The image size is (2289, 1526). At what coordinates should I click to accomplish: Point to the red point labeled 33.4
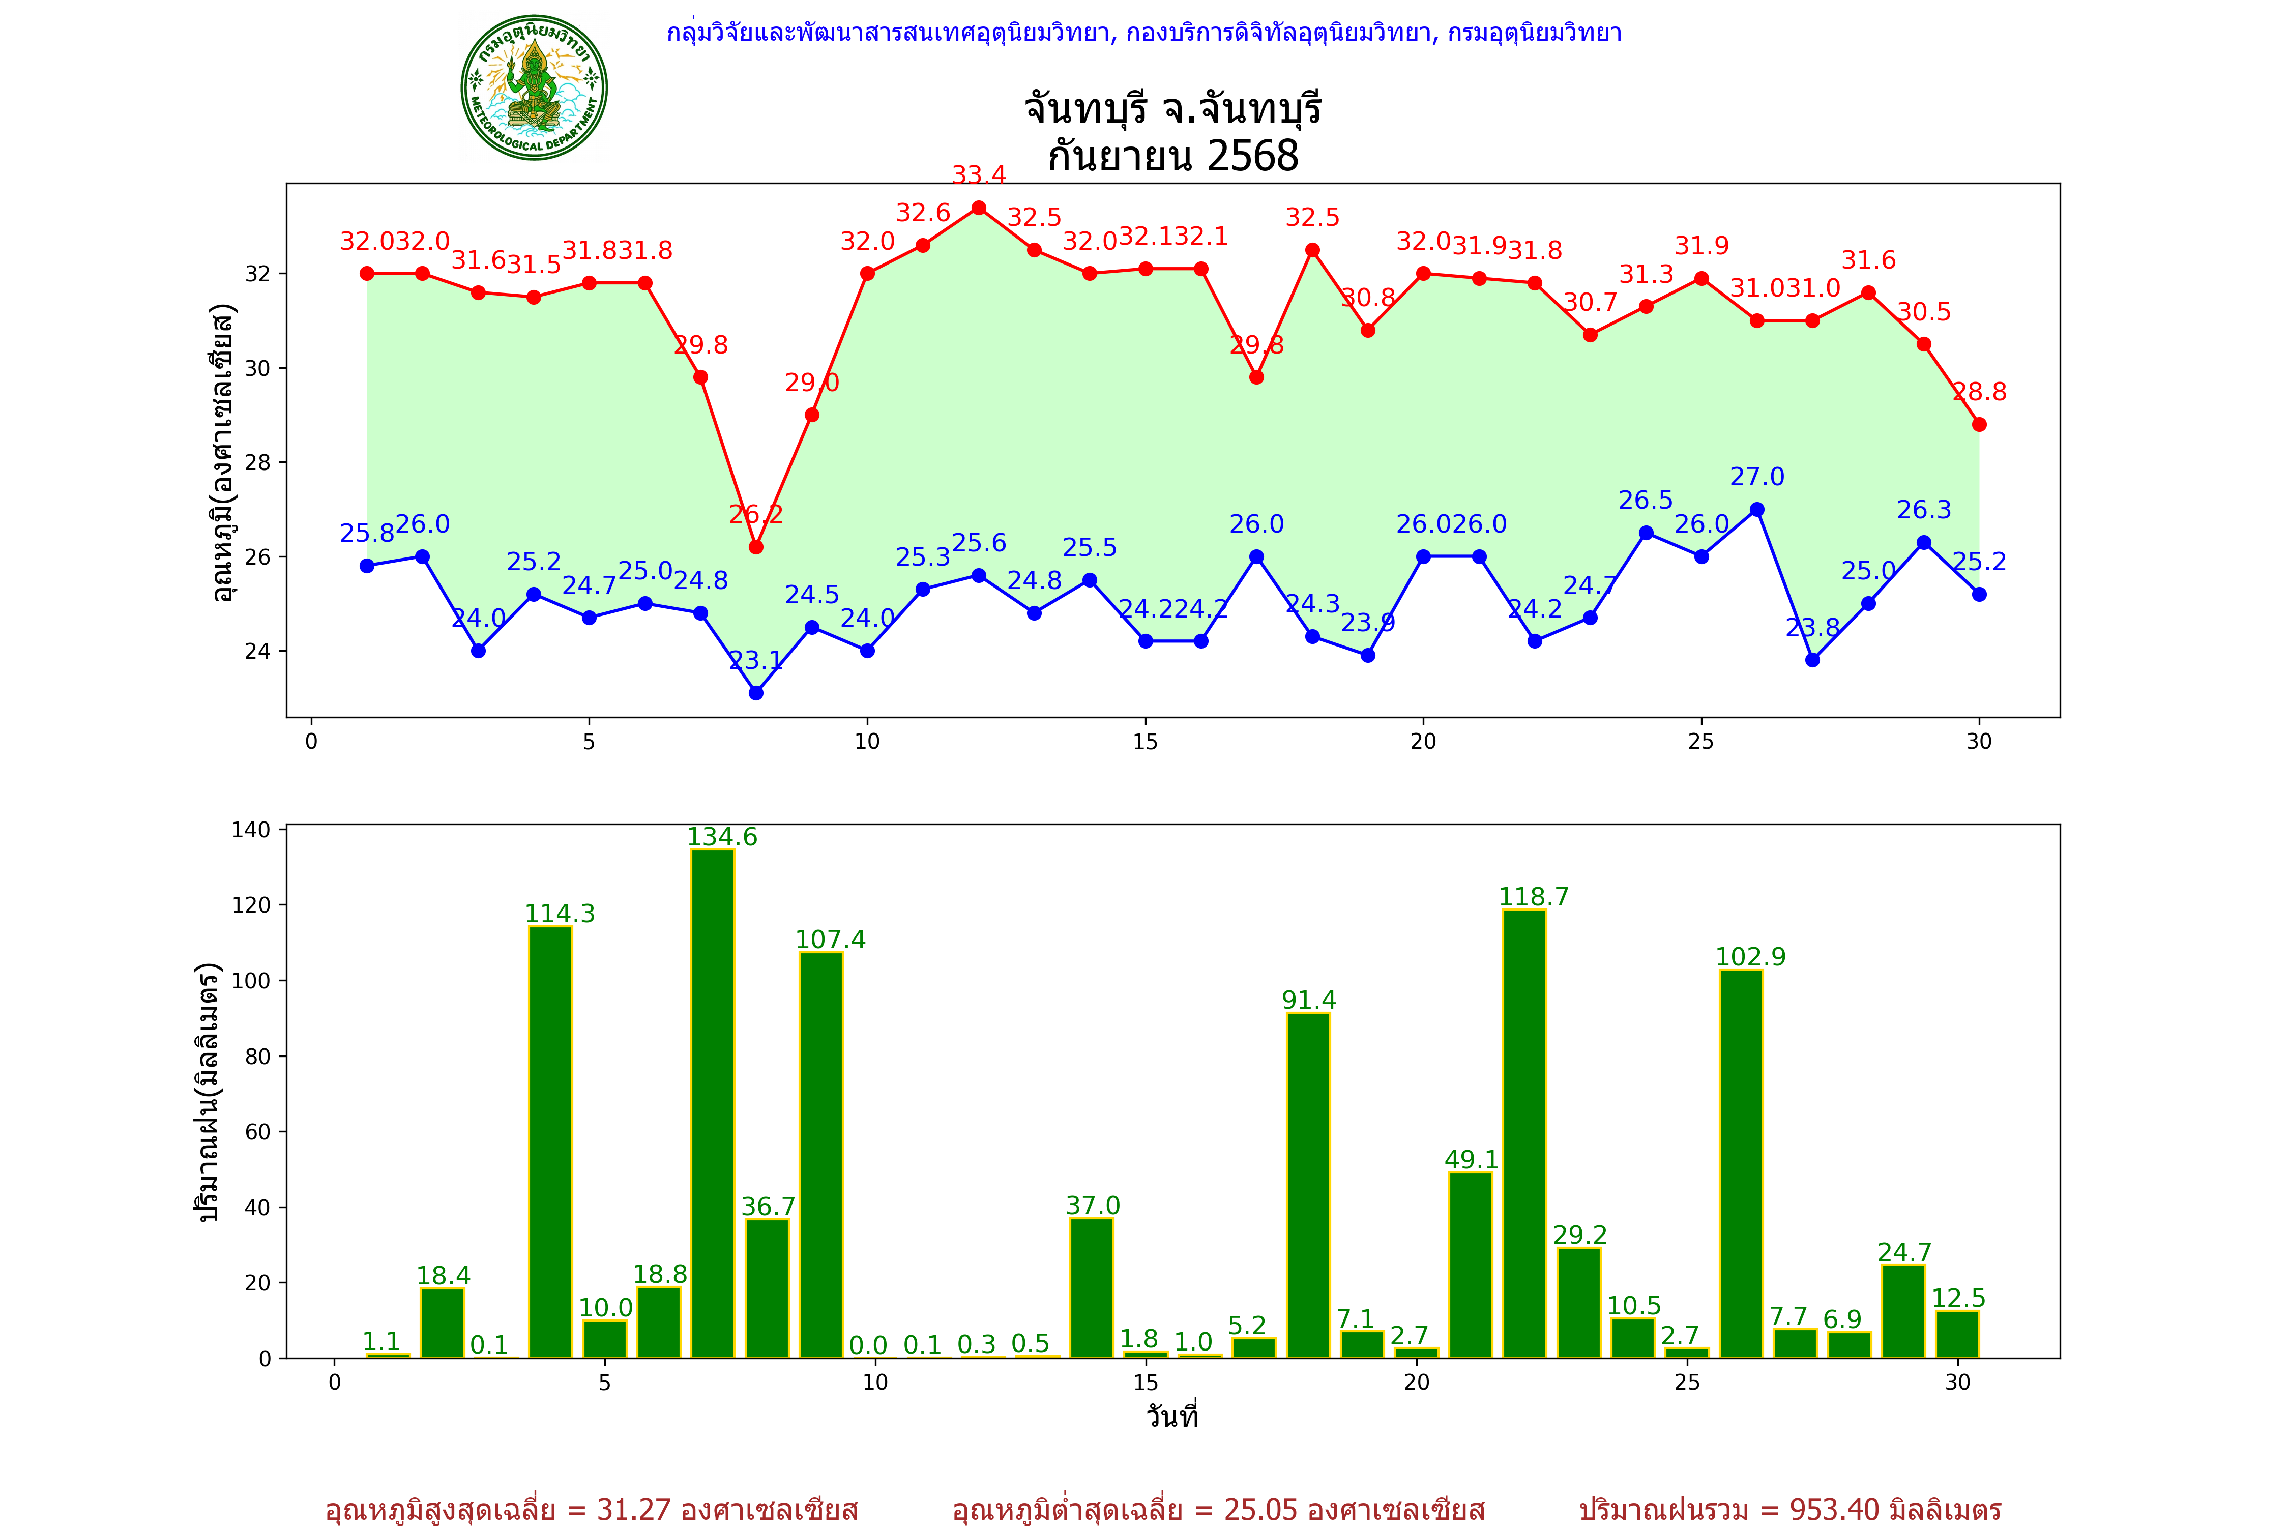(979, 208)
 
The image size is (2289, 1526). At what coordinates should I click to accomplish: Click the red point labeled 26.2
(756, 547)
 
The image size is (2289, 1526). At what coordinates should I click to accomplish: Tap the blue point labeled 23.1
(756, 693)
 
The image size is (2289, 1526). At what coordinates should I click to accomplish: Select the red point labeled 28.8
(1980, 424)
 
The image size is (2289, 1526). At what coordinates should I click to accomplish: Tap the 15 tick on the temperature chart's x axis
(1146, 742)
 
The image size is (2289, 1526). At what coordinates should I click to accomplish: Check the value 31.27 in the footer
(634, 1509)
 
